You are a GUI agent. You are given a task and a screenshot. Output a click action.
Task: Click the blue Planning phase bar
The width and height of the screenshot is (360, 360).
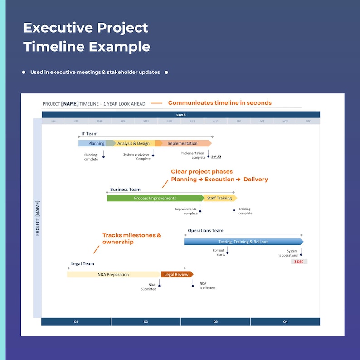(95, 143)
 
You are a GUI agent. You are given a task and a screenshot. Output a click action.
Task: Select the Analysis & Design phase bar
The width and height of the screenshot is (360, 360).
(134, 143)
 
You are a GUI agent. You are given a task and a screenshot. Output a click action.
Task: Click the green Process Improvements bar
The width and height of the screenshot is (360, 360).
(155, 198)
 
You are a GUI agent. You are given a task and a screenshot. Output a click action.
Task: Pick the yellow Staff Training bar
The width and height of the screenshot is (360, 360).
(220, 198)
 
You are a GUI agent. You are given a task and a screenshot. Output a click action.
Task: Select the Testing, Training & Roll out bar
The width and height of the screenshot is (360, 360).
(243, 242)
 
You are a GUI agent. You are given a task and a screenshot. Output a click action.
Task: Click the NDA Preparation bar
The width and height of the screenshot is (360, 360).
(113, 274)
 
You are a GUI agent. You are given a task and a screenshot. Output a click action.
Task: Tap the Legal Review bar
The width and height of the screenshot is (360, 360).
(176, 274)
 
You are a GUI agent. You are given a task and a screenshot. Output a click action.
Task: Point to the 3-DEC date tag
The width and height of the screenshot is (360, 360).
(299, 262)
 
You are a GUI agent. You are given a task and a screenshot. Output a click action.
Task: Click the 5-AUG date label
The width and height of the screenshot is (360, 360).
(216, 156)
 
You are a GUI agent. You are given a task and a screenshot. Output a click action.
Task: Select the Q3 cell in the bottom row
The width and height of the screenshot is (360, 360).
(215, 321)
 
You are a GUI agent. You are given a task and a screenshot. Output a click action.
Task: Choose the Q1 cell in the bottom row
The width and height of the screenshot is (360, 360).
(76, 321)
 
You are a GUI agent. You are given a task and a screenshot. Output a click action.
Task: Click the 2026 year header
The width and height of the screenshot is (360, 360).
(181, 115)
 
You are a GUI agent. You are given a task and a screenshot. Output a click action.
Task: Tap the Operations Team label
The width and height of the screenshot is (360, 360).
(205, 231)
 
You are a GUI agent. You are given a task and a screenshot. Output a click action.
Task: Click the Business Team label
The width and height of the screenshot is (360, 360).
(125, 190)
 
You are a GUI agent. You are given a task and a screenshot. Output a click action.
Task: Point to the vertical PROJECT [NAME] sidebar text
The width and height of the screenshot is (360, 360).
(38, 218)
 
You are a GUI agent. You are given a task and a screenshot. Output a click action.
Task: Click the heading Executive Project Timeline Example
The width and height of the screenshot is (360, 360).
(87, 37)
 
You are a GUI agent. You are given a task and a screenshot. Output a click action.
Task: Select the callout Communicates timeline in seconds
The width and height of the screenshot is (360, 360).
(220, 103)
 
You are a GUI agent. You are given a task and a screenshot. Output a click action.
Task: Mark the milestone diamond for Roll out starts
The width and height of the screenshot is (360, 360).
(227, 253)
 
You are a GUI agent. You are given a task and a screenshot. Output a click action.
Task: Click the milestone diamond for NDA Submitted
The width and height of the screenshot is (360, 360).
(159, 286)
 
